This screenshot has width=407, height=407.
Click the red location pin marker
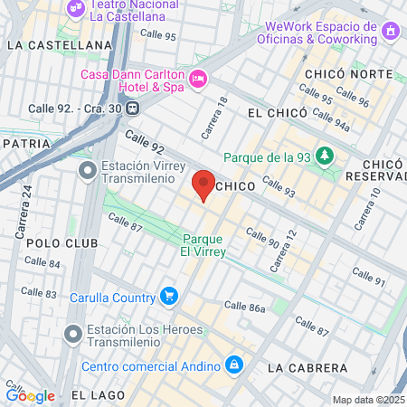point(204,185)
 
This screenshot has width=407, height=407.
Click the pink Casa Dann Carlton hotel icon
point(198,80)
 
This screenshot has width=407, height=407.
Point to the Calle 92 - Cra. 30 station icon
point(133,108)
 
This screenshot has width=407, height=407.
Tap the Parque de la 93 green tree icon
point(326,156)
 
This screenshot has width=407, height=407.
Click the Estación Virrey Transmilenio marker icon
point(88,170)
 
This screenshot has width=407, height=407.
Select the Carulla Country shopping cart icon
point(168,296)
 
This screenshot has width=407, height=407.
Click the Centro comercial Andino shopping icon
point(234,365)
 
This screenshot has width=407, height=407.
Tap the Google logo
point(30,395)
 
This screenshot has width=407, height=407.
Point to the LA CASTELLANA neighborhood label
point(59,43)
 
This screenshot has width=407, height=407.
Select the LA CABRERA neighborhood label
point(308,368)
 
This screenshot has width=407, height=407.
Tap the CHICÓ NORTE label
point(337,72)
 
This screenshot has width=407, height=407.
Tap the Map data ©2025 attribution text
point(368,400)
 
